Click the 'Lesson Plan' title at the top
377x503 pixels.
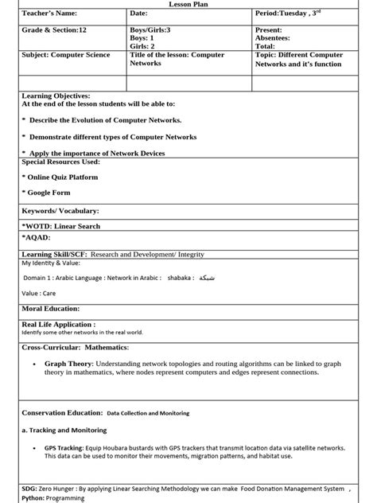(188, 4)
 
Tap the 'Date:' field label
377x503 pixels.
(139, 14)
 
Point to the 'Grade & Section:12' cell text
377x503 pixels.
(55, 30)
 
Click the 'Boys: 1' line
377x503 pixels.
(142, 38)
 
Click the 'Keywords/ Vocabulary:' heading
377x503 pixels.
(60, 211)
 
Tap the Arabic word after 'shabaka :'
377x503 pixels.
(206, 279)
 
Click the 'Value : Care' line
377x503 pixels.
(39, 293)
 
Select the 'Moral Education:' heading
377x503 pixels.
(51, 308)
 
